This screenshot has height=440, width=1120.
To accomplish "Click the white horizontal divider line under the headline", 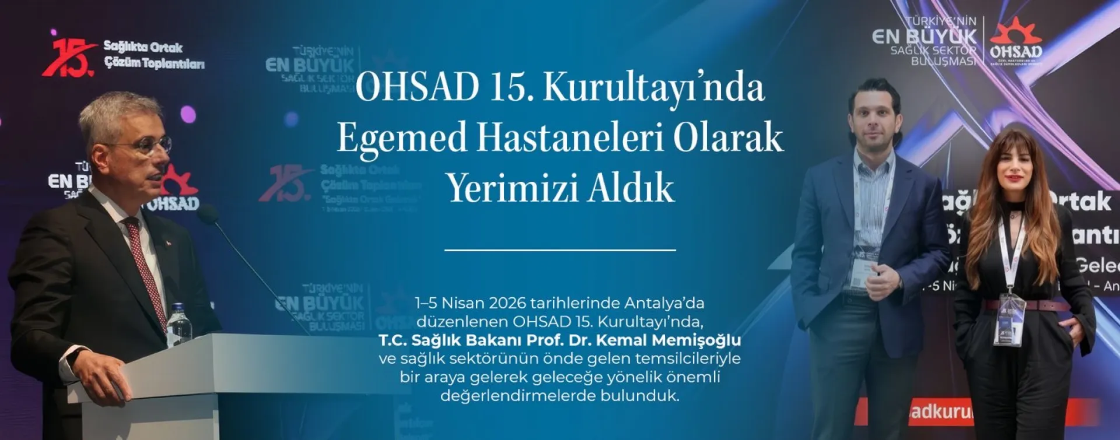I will pos(560,250).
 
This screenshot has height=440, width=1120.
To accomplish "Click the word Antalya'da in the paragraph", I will pos(664,304).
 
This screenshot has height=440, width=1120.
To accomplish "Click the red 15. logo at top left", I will pos(69,57).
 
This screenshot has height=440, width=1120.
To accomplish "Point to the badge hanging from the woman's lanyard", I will pos(1010,319).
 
